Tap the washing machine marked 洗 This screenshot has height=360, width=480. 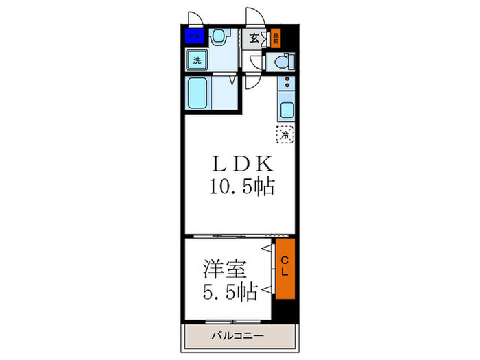pos(197,60)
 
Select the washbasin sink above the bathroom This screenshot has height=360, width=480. pos(220,36)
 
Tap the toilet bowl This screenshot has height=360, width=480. pos(282,62)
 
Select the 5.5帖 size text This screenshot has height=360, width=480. pos(230,291)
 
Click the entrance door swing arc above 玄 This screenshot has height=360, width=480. pos(254,16)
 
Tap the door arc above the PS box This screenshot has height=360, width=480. pos(195,17)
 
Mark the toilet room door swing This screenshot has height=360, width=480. pos(256,62)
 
